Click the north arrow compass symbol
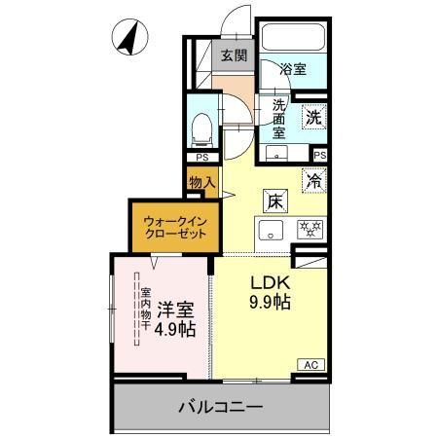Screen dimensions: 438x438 coord(128,40)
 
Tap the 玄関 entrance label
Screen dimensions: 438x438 coord(232,55)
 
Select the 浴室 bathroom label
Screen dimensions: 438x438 coord(292,69)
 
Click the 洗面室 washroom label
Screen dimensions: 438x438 coord(277,119)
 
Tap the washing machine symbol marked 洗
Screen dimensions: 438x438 coord(313,116)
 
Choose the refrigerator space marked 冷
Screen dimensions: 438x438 coord(314,179)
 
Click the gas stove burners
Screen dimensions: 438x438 coord(310,231)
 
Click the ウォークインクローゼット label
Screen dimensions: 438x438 coord(170,227)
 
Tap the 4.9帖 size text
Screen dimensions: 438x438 coord(173,329)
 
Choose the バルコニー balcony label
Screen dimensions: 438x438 coord(219,406)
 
